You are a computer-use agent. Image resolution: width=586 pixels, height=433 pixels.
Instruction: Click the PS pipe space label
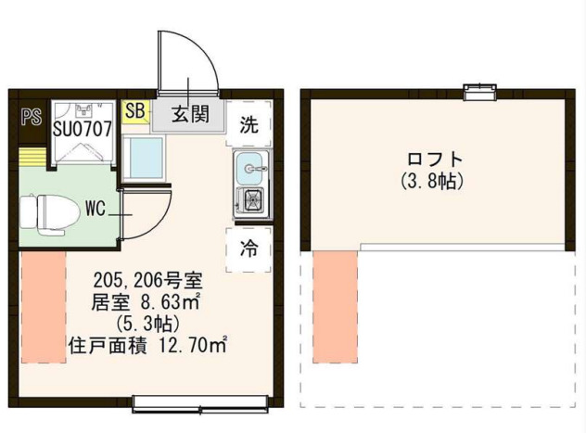(x=31, y=117)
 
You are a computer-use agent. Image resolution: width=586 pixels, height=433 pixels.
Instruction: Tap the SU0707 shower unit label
(x=83, y=128)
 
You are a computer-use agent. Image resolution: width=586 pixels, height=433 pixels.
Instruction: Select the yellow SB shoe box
(x=135, y=111)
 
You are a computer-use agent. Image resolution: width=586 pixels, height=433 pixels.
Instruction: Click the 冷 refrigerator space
(x=248, y=248)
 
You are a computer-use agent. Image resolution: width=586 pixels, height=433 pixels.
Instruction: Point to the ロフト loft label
(x=433, y=157)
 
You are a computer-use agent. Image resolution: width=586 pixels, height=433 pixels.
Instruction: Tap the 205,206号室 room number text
(x=154, y=280)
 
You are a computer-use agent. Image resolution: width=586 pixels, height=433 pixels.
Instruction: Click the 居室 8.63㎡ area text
(x=153, y=301)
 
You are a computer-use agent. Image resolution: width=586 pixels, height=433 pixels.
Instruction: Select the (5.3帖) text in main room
(x=154, y=323)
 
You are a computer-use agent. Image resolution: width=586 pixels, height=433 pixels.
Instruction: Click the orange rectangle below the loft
(x=336, y=307)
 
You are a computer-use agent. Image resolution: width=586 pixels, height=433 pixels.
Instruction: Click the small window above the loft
(x=478, y=91)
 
